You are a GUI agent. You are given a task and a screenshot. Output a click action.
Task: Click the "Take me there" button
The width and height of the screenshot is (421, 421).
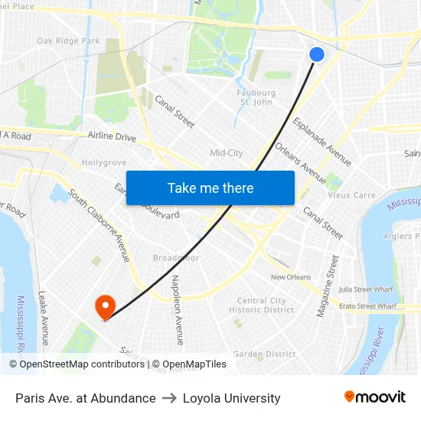210,188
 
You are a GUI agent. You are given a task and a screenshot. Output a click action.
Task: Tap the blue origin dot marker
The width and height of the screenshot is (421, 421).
317,54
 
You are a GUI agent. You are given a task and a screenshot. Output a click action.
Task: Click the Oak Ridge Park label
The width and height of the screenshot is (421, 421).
68,41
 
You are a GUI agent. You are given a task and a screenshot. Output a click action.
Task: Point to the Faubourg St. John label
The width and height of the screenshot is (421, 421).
256,97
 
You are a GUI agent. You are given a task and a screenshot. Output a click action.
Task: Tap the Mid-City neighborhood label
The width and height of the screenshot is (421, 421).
227,153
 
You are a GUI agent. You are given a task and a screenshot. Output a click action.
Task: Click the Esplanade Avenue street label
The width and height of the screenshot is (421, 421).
321,142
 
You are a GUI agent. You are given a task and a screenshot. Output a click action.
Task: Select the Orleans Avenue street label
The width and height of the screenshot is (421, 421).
300,158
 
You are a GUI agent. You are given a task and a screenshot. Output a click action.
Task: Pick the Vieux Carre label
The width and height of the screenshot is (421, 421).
352,195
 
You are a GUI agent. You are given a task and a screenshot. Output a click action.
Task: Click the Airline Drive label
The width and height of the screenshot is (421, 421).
112,137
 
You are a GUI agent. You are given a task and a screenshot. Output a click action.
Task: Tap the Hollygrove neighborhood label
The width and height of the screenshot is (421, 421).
103,163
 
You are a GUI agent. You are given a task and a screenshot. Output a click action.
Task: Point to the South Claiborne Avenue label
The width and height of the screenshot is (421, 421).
100,227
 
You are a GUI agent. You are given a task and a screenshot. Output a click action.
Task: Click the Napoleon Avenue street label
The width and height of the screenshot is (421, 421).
178,309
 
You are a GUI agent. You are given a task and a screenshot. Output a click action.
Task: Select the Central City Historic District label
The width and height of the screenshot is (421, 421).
261,305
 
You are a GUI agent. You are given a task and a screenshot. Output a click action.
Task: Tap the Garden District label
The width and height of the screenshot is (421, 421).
264,354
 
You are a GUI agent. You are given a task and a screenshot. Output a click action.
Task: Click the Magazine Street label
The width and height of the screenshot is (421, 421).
328,286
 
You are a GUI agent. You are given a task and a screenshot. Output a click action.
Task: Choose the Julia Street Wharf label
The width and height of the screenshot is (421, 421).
367,289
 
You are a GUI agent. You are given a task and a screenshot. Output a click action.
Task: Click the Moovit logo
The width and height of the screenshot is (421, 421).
375,397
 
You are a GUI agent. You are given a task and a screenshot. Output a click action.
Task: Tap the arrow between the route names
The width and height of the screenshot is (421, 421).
169,398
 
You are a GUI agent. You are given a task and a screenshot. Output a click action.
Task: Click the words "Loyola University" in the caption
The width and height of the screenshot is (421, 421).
232,398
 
